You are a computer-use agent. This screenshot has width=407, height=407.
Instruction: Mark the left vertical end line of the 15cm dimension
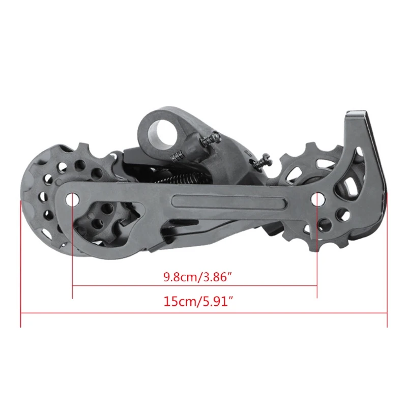pyautogui.click(x=21, y=265)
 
